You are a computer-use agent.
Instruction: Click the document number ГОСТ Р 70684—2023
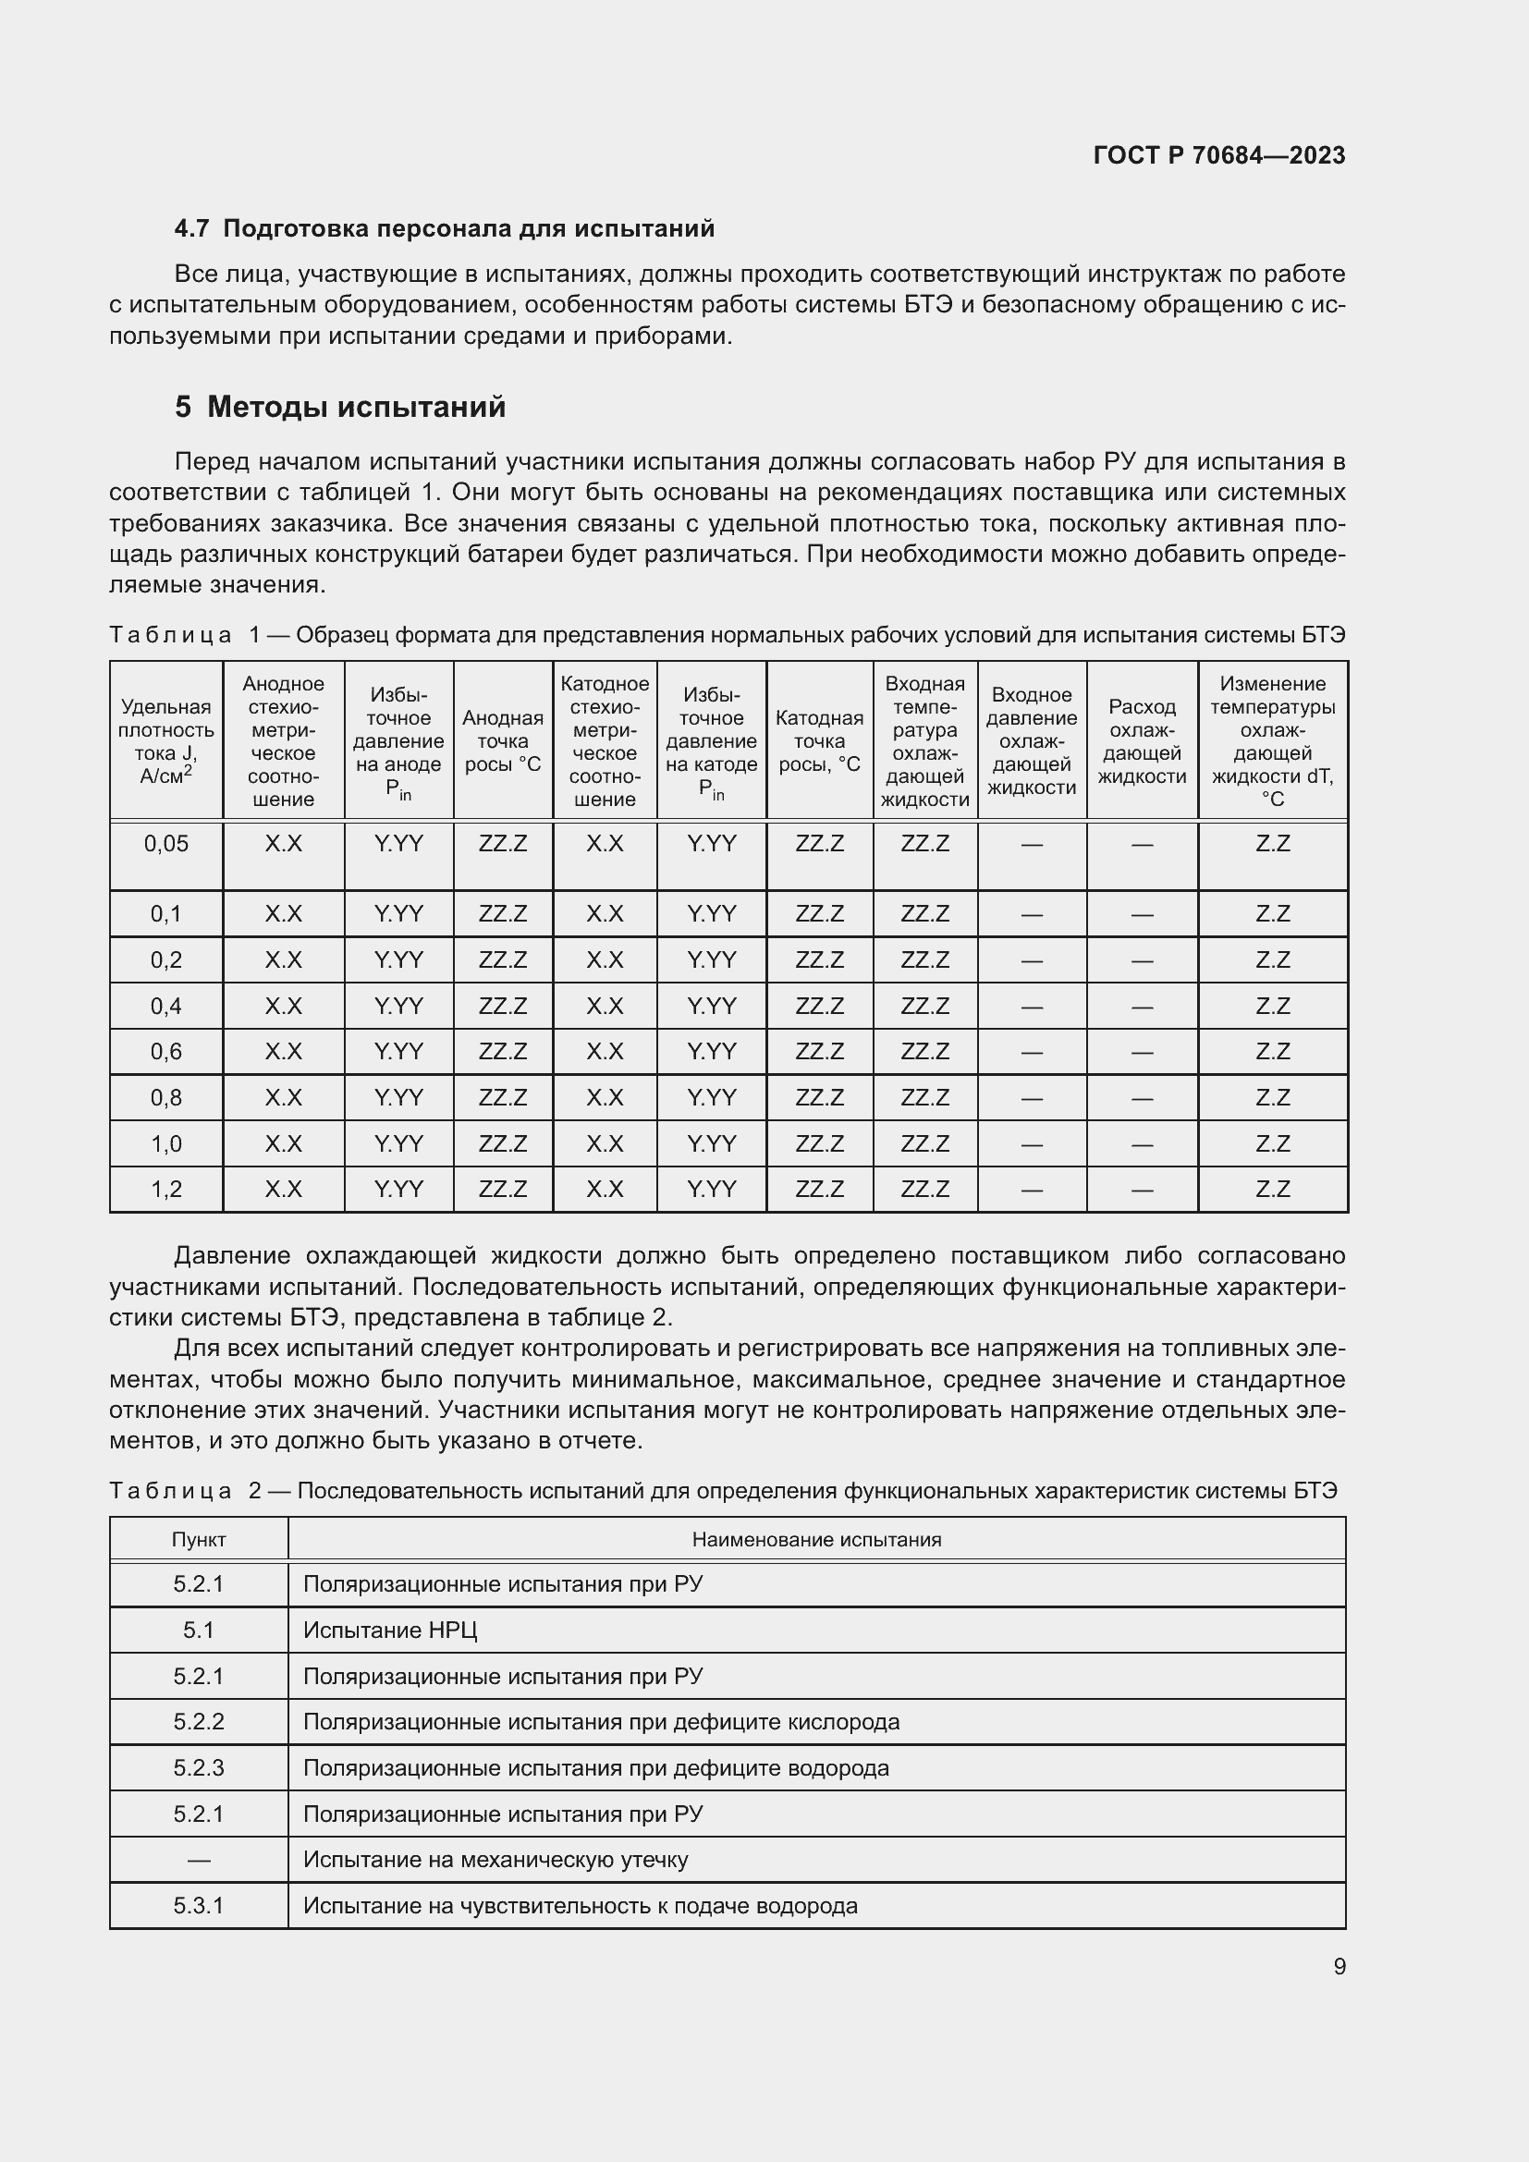[1219, 155]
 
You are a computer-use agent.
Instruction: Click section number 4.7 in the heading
[192, 229]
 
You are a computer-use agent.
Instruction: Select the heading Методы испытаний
[356, 407]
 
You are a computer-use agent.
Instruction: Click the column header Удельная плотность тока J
[165, 741]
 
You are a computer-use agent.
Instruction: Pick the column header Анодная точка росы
[502, 741]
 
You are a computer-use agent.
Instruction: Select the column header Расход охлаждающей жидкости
[1141, 741]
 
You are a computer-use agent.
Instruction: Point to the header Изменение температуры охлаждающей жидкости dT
[1272, 741]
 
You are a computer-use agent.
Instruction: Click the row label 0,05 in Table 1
[165, 844]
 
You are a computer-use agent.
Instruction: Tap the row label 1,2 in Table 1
[165, 1190]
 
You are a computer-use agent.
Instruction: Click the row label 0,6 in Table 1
[165, 1051]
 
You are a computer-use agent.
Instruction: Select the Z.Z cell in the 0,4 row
[1272, 1006]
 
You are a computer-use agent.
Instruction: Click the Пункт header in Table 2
[199, 1540]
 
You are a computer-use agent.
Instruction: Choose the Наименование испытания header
[816, 1540]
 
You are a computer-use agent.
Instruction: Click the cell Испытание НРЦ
[390, 1630]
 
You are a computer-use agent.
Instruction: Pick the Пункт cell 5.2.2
[199, 1722]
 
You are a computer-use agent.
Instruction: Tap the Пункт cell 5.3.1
[199, 1906]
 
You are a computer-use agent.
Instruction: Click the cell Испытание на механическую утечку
[495, 1860]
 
